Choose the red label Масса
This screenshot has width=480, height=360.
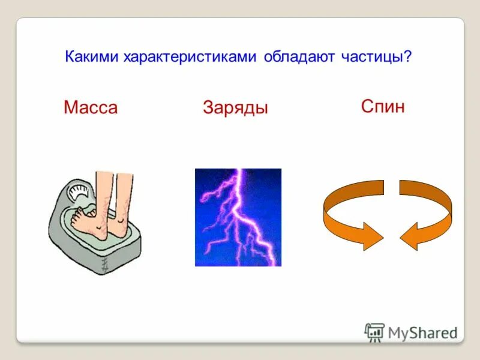[x=91, y=108]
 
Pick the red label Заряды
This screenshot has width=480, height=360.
[x=235, y=108]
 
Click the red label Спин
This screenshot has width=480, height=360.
[x=383, y=107]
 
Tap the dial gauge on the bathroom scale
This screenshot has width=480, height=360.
[x=76, y=194]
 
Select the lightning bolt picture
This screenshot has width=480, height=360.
[x=238, y=217]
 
